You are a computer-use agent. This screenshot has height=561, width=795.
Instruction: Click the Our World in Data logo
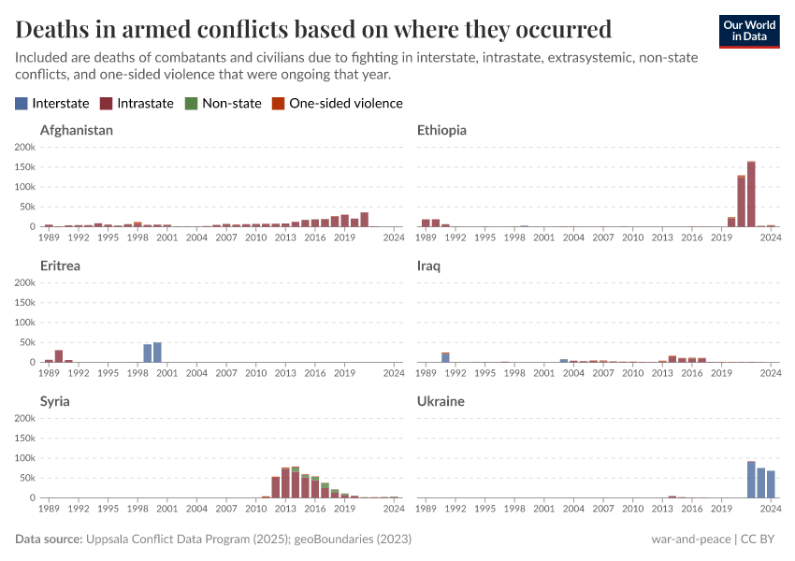749,30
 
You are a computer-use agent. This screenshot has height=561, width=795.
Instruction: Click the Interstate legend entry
52,104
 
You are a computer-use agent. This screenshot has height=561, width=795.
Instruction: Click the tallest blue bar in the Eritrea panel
157,352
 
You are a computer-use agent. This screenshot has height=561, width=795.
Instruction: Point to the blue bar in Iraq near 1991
445,357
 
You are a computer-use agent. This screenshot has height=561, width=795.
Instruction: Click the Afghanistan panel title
77,131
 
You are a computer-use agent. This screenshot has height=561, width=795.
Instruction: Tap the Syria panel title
55,402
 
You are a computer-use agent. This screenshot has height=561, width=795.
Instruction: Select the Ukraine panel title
441,402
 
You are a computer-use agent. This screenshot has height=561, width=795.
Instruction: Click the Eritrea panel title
60,266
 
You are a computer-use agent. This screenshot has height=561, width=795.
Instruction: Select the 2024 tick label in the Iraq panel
770,373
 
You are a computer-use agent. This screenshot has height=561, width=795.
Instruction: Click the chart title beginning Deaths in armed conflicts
313,28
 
